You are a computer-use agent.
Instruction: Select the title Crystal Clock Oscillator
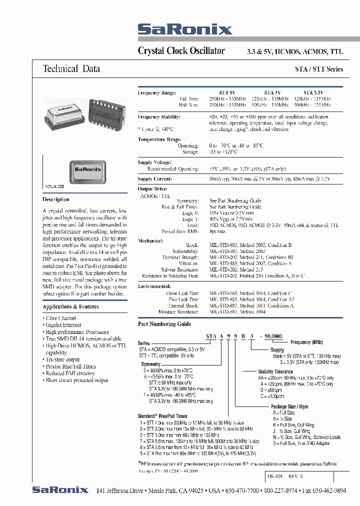(x=181, y=50)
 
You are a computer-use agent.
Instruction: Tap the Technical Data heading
(x=71, y=69)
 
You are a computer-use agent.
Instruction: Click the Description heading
(x=56, y=199)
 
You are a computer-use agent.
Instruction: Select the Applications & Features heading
(x=70, y=306)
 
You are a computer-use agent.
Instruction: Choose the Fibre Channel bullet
(x=60, y=318)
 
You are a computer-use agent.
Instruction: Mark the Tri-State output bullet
(x=62, y=359)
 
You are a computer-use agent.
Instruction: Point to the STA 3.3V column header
(x=313, y=93)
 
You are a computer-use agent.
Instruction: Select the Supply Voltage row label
(x=154, y=162)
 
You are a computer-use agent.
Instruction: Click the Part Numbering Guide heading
(x=164, y=324)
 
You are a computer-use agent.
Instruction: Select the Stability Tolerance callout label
(x=275, y=371)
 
